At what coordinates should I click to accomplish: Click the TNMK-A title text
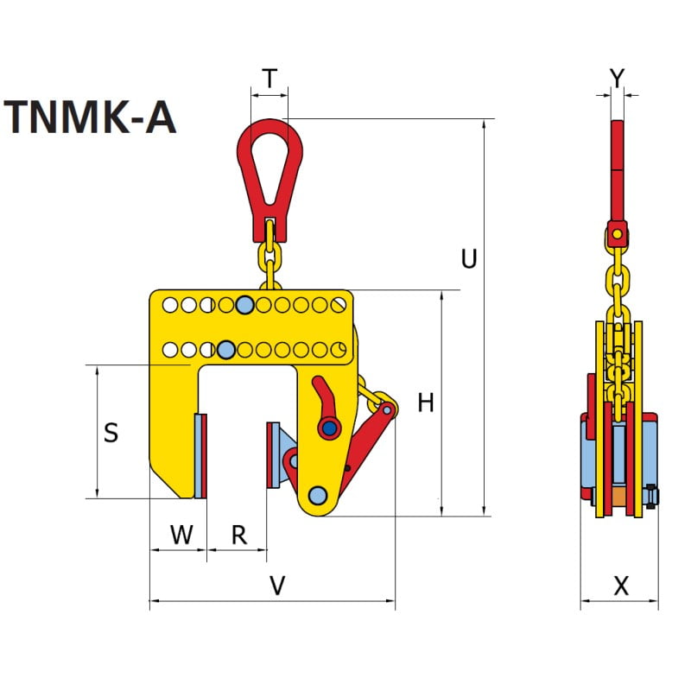point(91,117)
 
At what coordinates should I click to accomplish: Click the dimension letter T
point(269,79)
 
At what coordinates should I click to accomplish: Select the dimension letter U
point(469,258)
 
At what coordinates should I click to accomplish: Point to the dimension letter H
point(426,403)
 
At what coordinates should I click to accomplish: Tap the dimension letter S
point(111,433)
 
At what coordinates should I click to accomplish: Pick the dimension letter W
point(181,535)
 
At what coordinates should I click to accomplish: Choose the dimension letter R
point(239,535)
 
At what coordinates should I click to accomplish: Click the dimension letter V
point(277,586)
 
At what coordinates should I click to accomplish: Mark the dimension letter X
point(621,586)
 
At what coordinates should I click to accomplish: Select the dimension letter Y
point(618,79)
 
